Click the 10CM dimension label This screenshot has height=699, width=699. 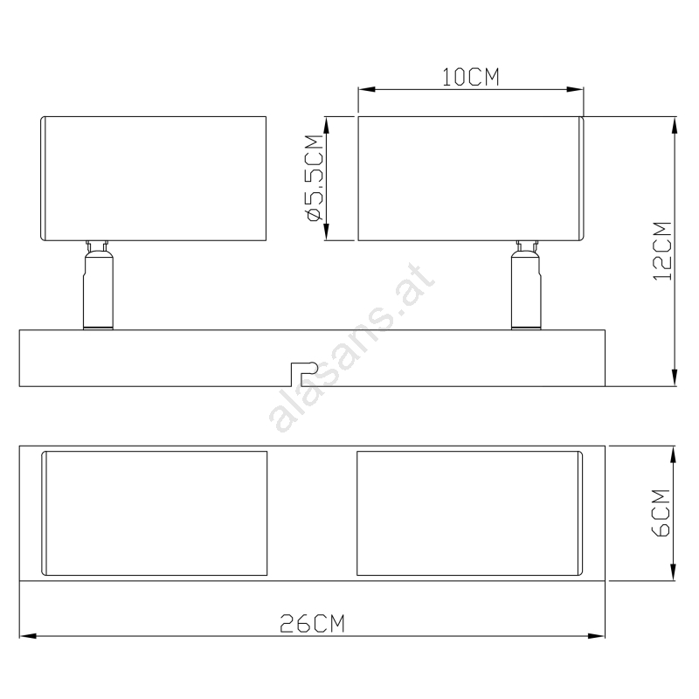tap(470, 77)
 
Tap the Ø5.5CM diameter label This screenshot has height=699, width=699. tap(315, 178)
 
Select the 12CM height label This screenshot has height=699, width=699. tap(662, 251)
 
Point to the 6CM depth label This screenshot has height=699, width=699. tap(661, 513)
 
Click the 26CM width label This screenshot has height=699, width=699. tap(312, 624)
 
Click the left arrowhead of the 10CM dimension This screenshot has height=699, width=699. tap(366, 90)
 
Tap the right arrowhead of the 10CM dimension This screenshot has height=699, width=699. tap(575, 90)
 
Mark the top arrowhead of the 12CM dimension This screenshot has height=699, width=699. tap(675, 125)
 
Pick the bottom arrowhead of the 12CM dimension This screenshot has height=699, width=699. tap(675, 377)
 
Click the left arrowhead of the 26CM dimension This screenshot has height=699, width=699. tap(28, 636)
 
